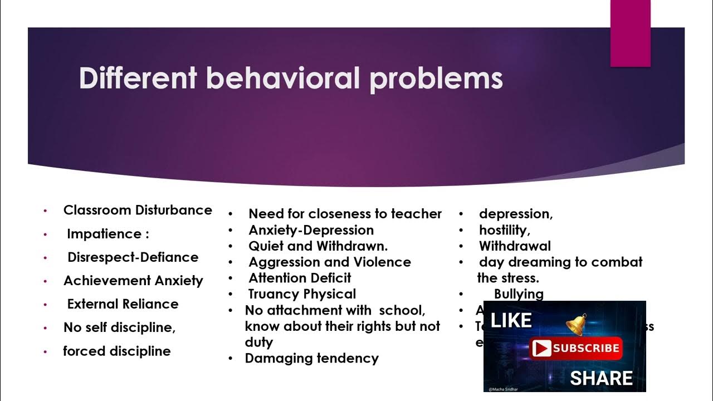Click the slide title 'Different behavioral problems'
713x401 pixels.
pos(291,78)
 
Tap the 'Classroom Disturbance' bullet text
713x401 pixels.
pos(138,210)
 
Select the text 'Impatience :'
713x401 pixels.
pos(108,234)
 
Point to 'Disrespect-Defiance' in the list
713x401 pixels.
pos(133,257)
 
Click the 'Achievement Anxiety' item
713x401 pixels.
pos(133,281)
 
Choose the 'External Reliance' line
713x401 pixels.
pos(123,304)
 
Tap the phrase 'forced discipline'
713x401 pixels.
pos(117,351)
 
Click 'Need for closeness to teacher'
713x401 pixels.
pos(345,214)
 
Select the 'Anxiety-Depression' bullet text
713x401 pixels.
pos(311,230)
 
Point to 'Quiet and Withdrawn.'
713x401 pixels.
pos(318,246)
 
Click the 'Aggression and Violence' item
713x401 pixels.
pos(329,262)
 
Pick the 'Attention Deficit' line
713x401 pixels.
pos(300,278)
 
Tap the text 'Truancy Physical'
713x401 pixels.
pos(302,294)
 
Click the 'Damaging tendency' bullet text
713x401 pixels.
pos(311,358)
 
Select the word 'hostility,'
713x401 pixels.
pos(504,230)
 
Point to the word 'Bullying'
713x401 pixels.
pos(519,294)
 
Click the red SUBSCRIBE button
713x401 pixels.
pos(575,349)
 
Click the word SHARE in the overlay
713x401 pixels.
pos(601,378)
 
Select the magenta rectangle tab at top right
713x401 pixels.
pos(630,33)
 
